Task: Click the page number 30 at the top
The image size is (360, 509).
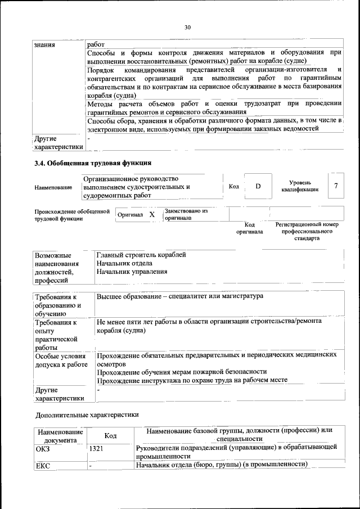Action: click(187, 26)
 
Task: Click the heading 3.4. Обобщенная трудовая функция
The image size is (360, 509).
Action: click(93, 164)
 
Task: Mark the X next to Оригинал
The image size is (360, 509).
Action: click(152, 215)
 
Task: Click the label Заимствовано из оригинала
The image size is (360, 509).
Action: click(186, 214)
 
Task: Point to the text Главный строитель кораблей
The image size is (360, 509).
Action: click(141, 255)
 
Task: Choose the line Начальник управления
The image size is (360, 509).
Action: click(132, 272)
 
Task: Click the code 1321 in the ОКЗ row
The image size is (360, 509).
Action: click(96, 448)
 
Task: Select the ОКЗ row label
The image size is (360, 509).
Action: click(43, 448)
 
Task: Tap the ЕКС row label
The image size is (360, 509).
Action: click(43, 465)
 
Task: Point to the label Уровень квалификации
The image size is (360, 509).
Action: click(300, 186)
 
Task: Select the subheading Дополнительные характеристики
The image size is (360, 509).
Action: click(87, 416)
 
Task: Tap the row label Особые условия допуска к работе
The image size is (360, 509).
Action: click(60, 360)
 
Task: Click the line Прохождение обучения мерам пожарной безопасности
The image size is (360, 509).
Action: click(182, 372)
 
